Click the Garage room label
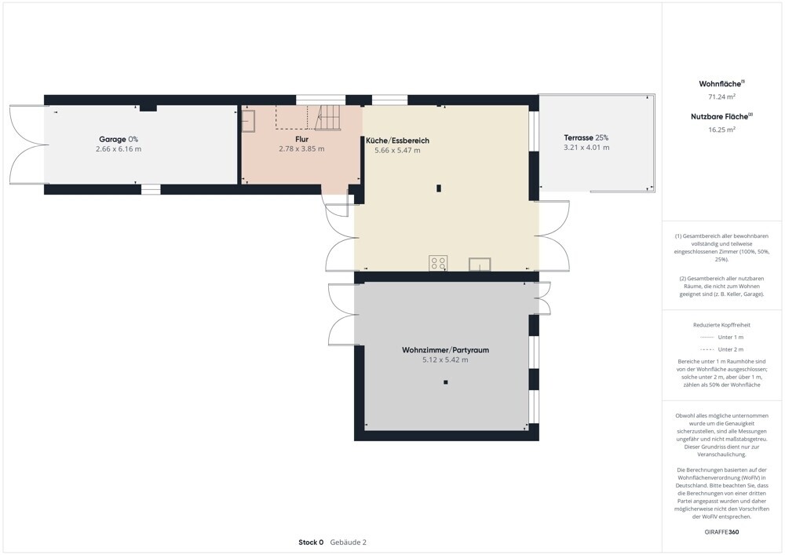click(x=119, y=140)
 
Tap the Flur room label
click(x=302, y=139)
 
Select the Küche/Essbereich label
click(x=397, y=141)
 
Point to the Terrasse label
click(x=586, y=137)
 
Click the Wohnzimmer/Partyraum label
click(x=446, y=350)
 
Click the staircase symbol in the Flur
click(x=327, y=117)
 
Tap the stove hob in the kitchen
click(x=438, y=263)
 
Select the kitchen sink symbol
click(x=480, y=265)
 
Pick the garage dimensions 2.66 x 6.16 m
click(x=119, y=149)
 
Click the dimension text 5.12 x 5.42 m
click(x=446, y=360)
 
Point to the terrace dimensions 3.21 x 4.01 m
click(x=586, y=148)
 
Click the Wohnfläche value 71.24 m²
click(x=721, y=97)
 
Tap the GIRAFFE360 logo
click(x=721, y=532)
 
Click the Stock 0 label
click(x=311, y=542)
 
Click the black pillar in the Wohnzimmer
click(x=446, y=382)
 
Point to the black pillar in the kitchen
click(x=439, y=188)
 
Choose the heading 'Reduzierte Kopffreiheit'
click(x=722, y=325)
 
